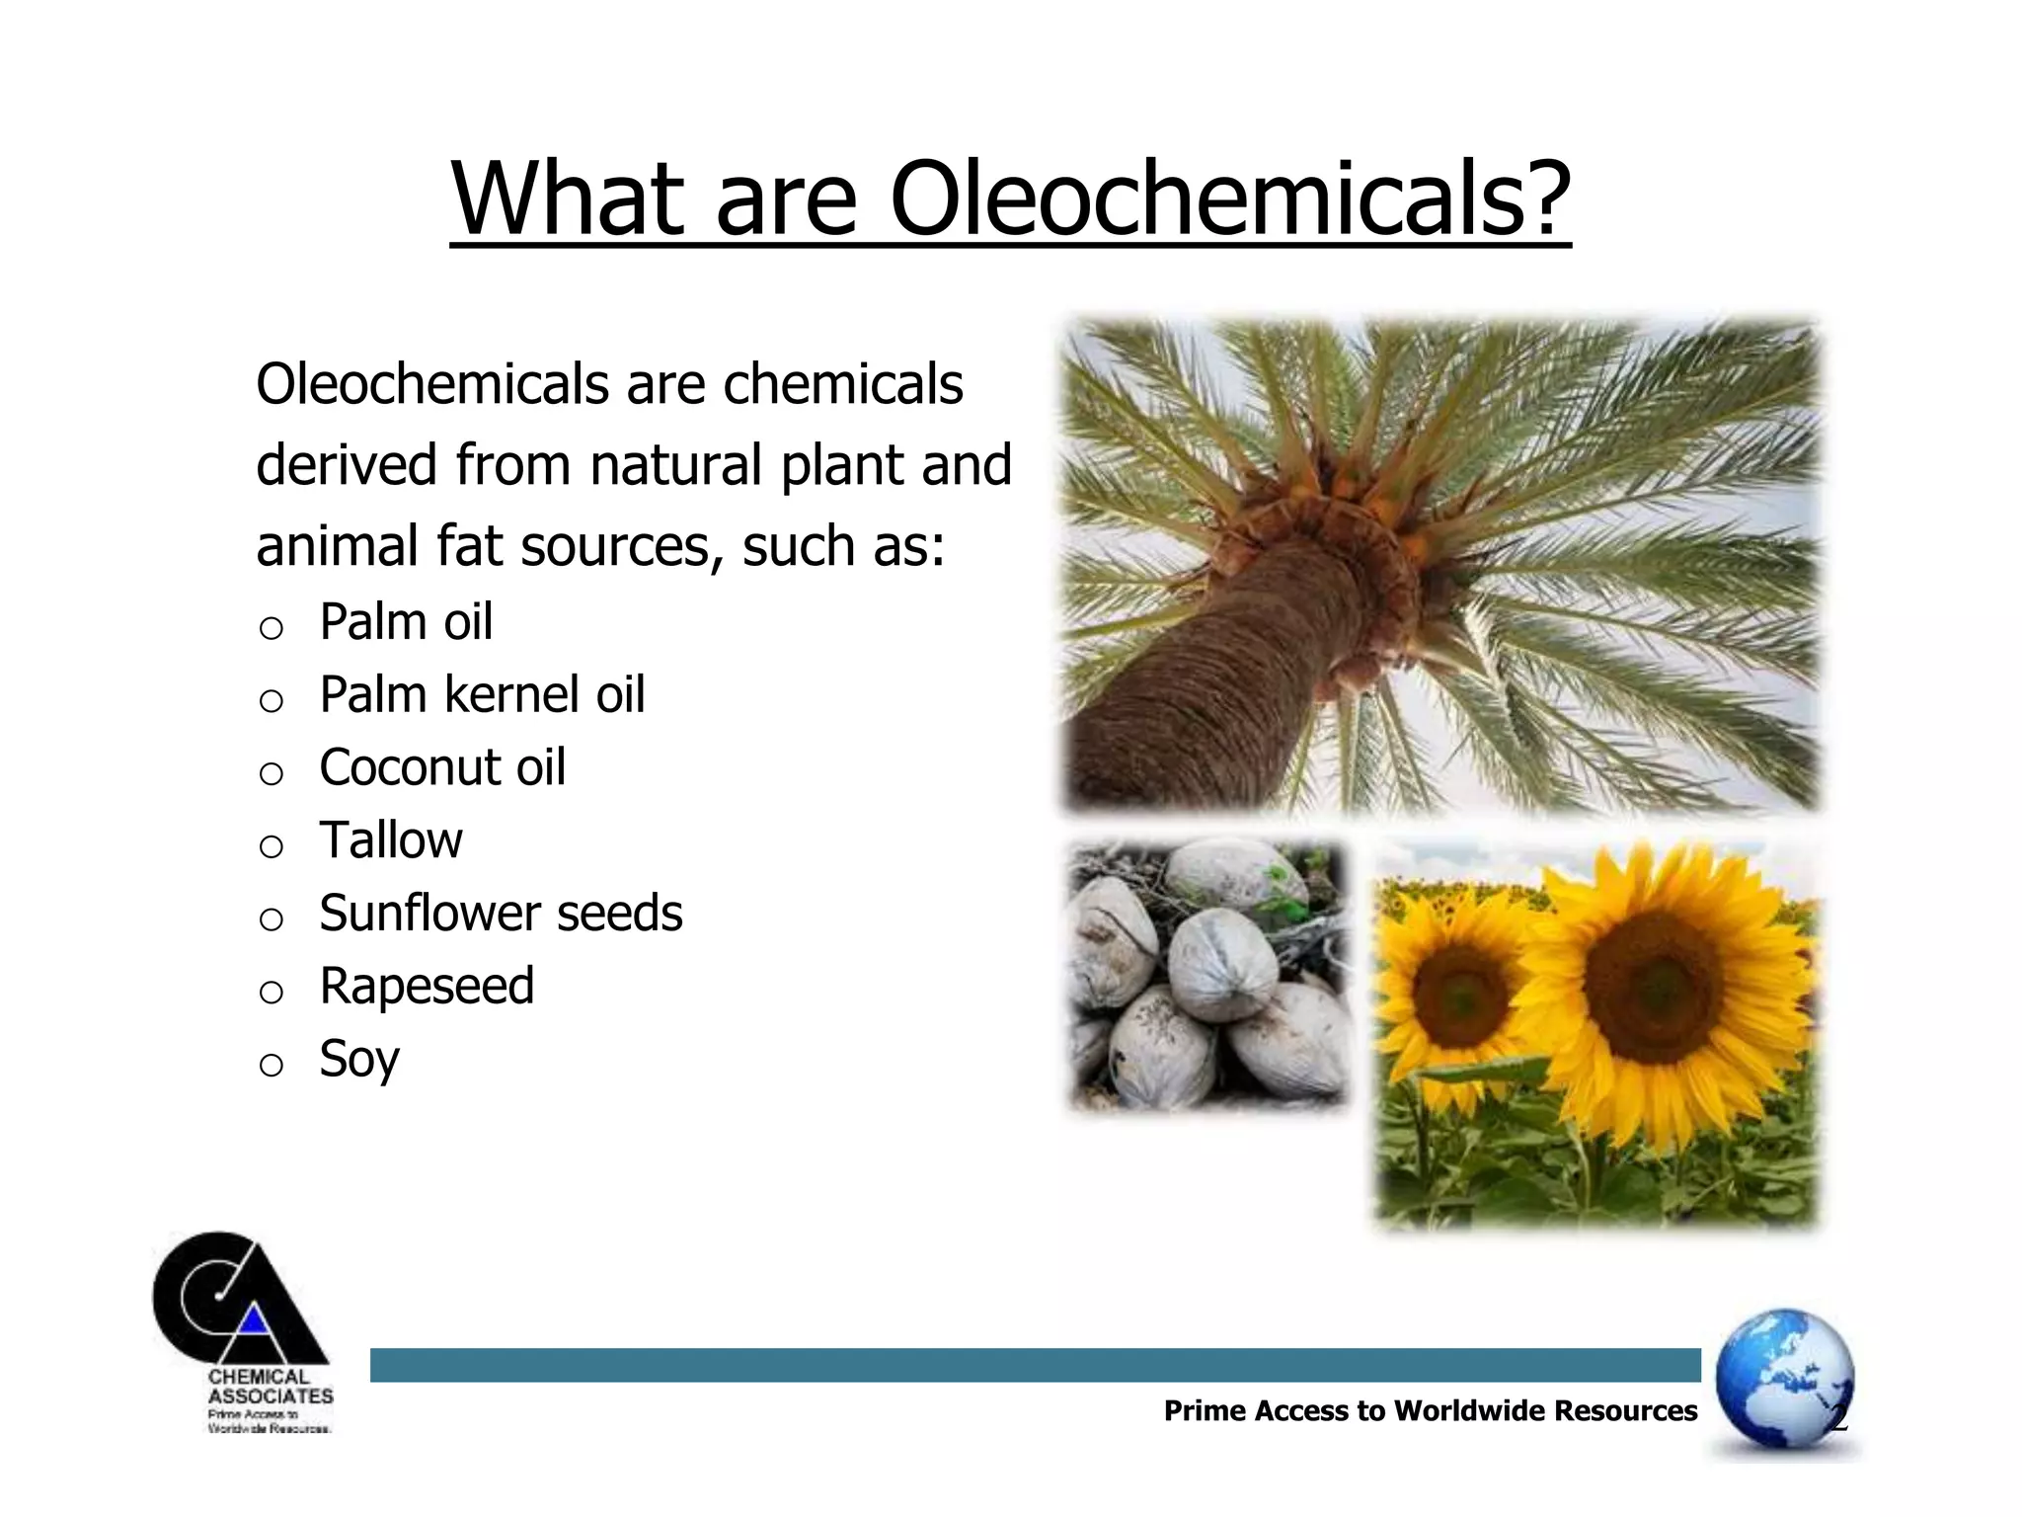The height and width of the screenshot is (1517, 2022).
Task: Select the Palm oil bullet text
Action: (406, 622)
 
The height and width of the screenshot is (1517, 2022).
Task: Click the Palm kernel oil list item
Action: (482, 694)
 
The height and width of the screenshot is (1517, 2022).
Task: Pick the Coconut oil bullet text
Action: (442, 767)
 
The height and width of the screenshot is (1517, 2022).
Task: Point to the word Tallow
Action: (391, 840)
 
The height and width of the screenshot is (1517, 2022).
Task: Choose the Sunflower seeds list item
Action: (501, 914)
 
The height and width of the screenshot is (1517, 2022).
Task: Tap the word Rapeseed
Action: (427, 986)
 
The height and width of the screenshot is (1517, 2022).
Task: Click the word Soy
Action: (359, 1060)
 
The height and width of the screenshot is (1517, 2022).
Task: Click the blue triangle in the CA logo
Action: (255, 1319)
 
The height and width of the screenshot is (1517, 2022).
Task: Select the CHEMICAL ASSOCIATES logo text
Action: (271, 1387)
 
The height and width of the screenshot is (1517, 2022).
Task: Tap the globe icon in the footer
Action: (1784, 1379)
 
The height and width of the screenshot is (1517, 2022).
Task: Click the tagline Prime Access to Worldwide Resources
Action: (1431, 1410)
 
